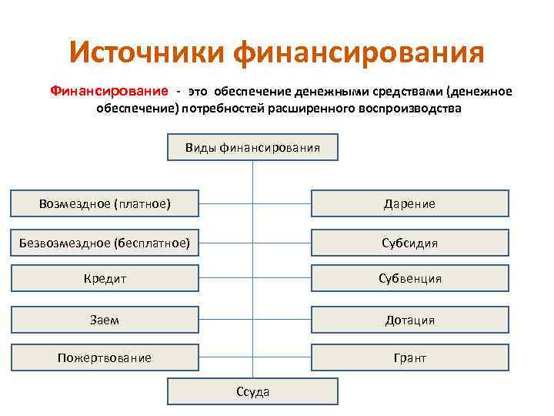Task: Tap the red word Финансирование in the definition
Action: coord(107,92)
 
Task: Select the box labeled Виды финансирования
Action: coord(252,147)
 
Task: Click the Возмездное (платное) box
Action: coord(105,203)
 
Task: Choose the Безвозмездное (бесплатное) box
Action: coord(105,243)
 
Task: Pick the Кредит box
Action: coord(105,278)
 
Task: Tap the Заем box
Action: coord(105,320)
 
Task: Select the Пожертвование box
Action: coord(105,357)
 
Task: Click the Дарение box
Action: coord(409,203)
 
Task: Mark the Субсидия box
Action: coord(409,243)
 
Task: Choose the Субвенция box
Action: coord(409,278)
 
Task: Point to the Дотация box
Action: coord(409,320)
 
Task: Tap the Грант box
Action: coord(409,357)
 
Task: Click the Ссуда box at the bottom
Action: coord(252,391)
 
